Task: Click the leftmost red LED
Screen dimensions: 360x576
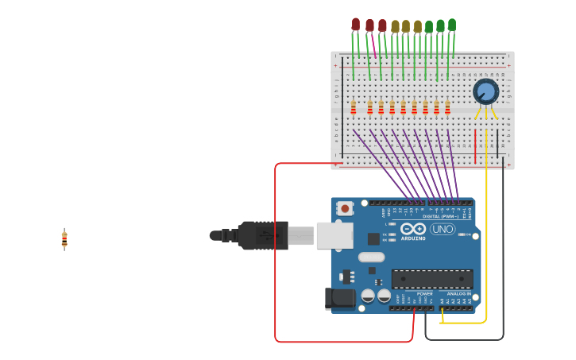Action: pos(356,24)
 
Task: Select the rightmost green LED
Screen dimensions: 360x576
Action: pos(452,24)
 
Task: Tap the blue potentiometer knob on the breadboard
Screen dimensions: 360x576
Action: pos(485,91)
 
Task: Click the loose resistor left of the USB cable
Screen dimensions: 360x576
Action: pos(64,238)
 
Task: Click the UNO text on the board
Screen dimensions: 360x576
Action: pos(443,229)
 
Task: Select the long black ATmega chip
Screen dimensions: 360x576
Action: pos(432,279)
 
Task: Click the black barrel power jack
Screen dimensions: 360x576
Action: pos(339,299)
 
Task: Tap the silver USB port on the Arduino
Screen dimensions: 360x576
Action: pos(334,235)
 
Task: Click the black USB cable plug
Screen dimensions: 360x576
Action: pos(262,235)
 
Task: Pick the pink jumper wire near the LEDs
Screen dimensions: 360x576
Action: pos(373,46)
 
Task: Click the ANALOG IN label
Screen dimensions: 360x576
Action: pos(458,294)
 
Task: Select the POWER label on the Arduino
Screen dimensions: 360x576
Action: pos(425,294)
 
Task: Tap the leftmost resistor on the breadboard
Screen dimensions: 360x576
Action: pos(354,107)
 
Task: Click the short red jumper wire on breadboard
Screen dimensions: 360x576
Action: pos(476,147)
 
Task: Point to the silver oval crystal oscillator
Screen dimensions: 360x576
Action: pos(371,257)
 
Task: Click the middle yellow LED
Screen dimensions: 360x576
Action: pos(406,26)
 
